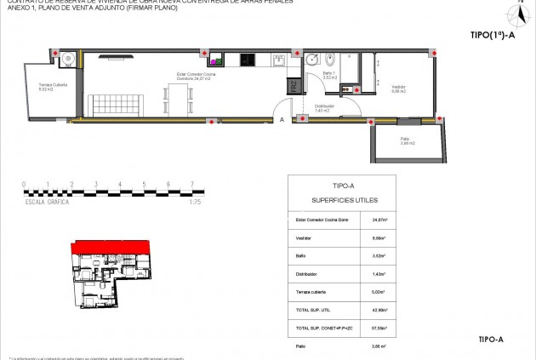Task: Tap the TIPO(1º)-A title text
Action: coord(492,36)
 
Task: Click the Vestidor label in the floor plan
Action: coord(398,89)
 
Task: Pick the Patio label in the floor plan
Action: coord(407,141)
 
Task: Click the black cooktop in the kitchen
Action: coord(248,60)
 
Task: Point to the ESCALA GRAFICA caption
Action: coord(46,203)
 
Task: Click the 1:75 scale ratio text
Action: coord(194,203)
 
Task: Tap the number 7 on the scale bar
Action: coord(192,184)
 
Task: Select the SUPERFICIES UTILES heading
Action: coord(342,201)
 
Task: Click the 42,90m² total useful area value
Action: coord(379,310)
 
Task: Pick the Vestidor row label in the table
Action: coord(302,238)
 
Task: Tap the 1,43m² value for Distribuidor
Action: coord(380,274)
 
